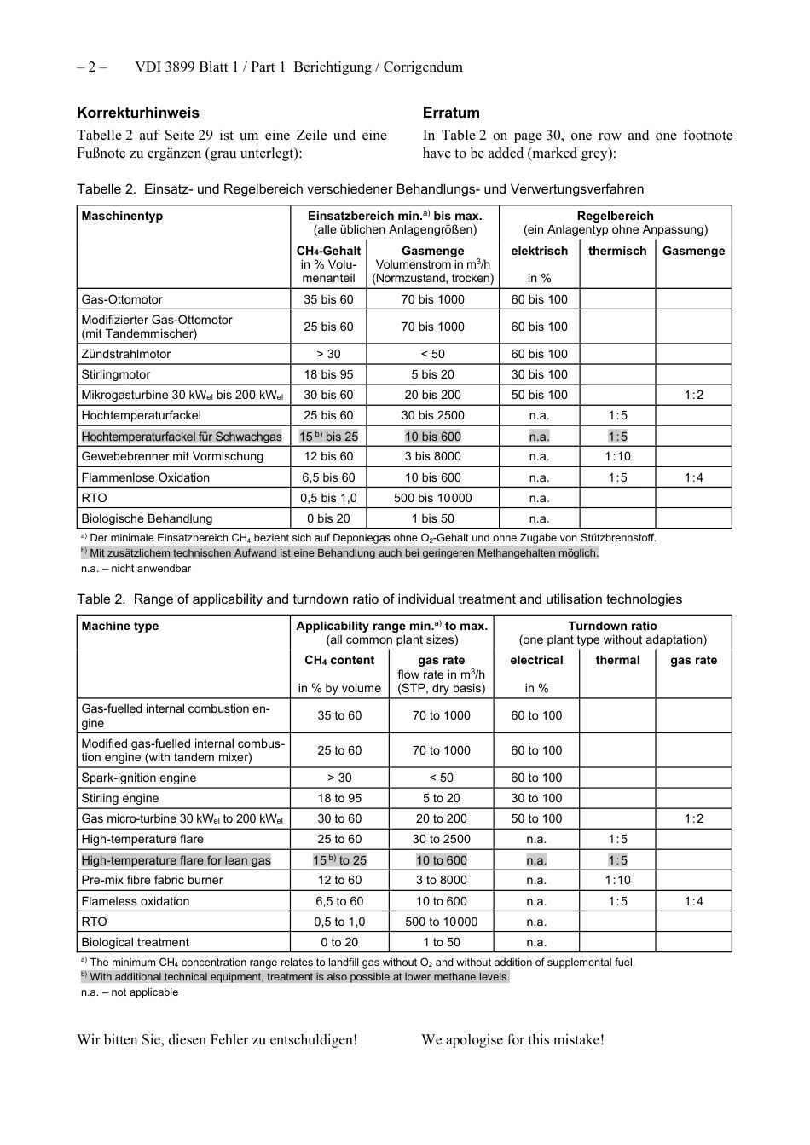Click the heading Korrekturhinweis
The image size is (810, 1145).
(138, 113)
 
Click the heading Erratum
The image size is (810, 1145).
(451, 113)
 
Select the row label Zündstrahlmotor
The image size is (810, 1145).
(126, 354)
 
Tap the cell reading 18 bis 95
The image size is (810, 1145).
(328, 374)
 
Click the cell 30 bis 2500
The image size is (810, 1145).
(432, 415)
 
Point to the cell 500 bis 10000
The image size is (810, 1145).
(432, 498)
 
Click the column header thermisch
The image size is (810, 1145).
(617, 251)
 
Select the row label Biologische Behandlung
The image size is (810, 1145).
(147, 518)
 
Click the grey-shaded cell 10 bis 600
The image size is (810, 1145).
(432, 437)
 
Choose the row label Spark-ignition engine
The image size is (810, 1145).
(139, 778)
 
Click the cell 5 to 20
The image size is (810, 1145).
(441, 798)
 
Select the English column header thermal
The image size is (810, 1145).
(617, 660)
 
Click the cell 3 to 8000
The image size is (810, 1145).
(441, 880)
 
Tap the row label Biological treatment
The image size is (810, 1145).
(135, 942)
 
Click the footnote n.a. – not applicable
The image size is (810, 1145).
(130, 992)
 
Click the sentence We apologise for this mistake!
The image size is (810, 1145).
(512, 1039)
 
